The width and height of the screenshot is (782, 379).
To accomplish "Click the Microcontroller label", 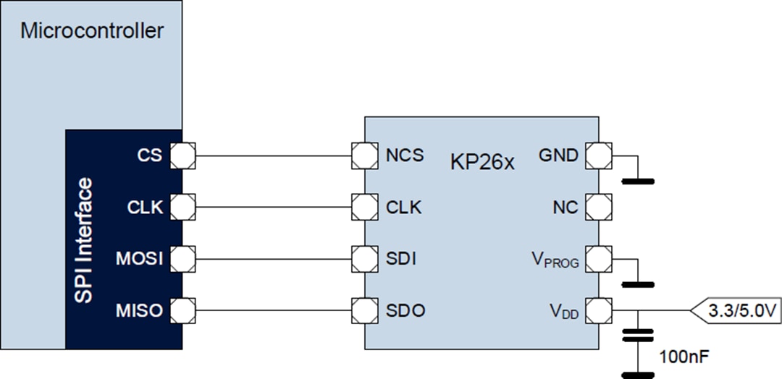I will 92,31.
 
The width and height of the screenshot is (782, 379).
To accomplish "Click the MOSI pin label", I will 139,258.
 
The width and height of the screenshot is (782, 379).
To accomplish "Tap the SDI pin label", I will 401,258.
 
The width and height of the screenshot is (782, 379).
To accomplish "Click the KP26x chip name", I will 482,161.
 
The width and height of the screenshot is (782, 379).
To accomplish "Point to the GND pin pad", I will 598,155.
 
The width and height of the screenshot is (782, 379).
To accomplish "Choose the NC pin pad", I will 598,208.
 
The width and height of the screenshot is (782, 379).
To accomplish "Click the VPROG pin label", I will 555,260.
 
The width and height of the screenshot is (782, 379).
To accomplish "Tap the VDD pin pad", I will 598,311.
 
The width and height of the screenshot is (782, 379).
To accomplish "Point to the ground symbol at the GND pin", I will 637,179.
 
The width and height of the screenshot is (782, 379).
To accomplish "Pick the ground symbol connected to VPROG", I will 637,284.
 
